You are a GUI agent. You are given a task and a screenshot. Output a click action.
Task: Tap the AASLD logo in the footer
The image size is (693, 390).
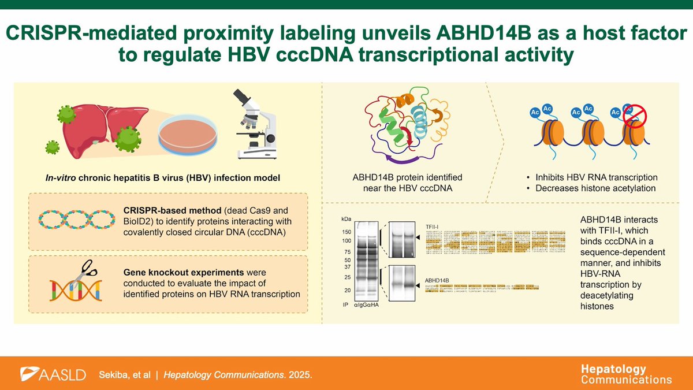[53, 374]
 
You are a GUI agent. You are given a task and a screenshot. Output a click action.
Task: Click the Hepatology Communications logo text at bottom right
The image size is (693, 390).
[626, 374]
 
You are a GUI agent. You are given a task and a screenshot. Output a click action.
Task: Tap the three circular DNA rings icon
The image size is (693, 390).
[74, 219]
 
